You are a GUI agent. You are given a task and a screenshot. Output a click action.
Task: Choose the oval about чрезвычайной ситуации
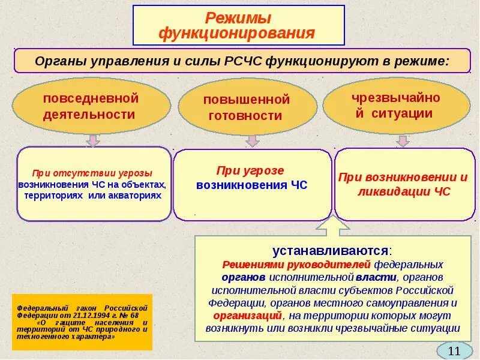pos(397,106)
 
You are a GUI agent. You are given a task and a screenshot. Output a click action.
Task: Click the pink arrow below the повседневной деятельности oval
pos(92,140)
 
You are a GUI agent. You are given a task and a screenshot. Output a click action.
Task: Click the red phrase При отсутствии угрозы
pos(92,172)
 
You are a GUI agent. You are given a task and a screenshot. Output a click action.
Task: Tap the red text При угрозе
pos(251,170)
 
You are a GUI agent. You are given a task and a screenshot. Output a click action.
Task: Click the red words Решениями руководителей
pos(296,264)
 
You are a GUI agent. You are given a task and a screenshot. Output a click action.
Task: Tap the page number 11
pos(454,350)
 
